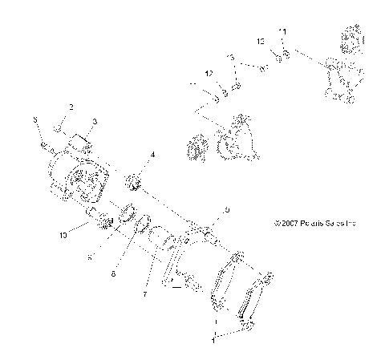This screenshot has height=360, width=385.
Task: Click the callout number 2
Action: (71, 106)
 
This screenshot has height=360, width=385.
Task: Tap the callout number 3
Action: (94, 121)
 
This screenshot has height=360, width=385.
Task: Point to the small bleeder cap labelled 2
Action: (59, 127)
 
